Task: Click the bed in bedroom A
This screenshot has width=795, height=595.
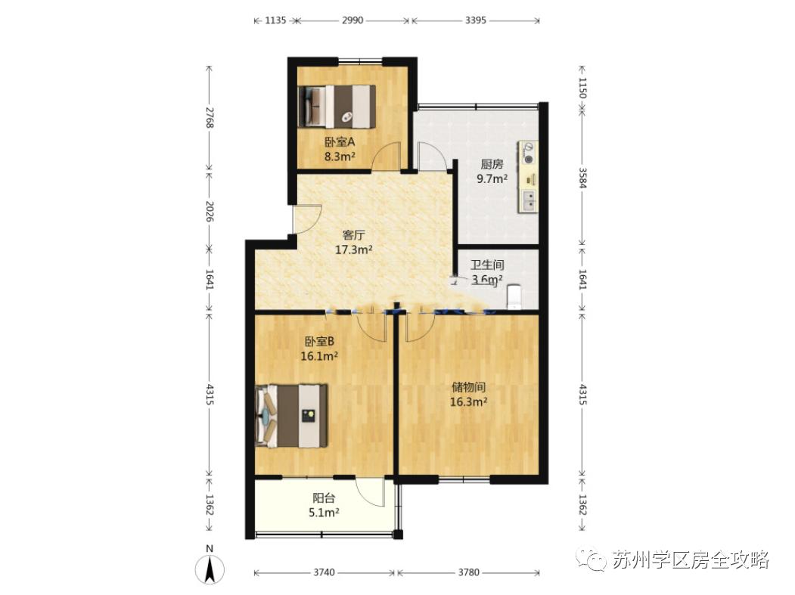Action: tap(337, 107)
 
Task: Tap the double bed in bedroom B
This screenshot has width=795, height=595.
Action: tap(291, 416)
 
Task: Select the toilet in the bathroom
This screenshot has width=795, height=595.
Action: tap(514, 296)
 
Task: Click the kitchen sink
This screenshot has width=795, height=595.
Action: tap(528, 200)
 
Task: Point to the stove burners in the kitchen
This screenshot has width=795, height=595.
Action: tap(528, 153)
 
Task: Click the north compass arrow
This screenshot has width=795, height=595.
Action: tap(210, 569)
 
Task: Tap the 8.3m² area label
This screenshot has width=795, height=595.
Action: tap(340, 156)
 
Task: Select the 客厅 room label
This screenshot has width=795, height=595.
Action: tap(354, 235)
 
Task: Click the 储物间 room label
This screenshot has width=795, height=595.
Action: tap(469, 388)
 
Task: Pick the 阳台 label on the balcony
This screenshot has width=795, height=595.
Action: tap(324, 499)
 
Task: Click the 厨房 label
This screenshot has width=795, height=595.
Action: tap(492, 165)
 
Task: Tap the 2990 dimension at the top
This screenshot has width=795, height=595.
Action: tap(352, 20)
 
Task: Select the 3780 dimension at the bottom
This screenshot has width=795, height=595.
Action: tap(468, 573)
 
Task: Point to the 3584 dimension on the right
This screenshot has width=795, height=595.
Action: tap(582, 178)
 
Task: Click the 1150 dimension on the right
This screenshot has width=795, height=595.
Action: tap(582, 88)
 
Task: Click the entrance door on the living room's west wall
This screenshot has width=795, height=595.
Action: tap(307, 219)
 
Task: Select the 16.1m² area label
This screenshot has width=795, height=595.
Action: tap(319, 356)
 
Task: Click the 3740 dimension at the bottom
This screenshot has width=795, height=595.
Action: tap(324, 573)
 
